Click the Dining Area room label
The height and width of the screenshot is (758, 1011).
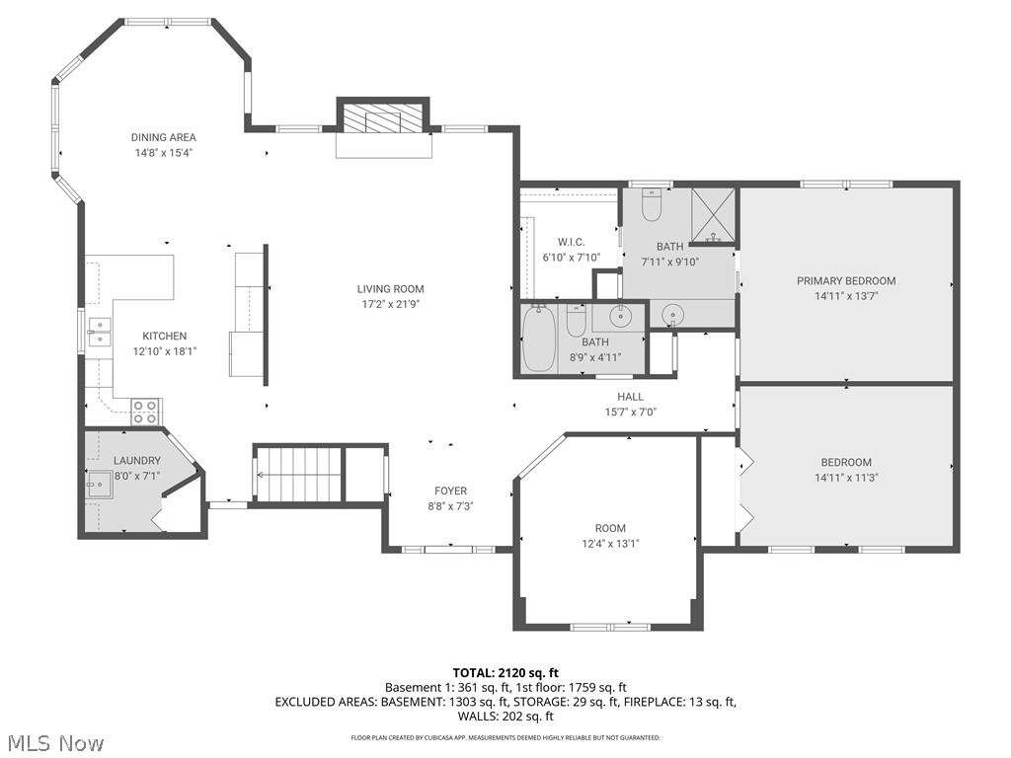coord(164,137)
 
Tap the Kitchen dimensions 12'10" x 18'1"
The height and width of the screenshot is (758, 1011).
coord(164,350)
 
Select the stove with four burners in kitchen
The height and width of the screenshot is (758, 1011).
coord(145,412)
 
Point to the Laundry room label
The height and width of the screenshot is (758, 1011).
coord(136,461)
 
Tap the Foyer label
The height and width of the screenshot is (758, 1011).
coord(450,491)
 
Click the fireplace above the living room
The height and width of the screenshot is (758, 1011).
coord(383,120)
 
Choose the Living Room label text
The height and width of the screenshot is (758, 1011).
coord(390,289)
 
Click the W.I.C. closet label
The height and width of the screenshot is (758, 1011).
coord(571,242)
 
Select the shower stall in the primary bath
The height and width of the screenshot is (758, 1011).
coord(714,214)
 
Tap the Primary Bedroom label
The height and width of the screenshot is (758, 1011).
coord(846,281)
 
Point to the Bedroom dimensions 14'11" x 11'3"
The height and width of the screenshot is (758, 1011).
coord(846,478)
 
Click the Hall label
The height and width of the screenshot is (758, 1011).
coord(630,397)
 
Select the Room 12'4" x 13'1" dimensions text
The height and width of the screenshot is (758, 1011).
coord(610,544)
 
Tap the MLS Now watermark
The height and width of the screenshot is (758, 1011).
coord(54,742)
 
